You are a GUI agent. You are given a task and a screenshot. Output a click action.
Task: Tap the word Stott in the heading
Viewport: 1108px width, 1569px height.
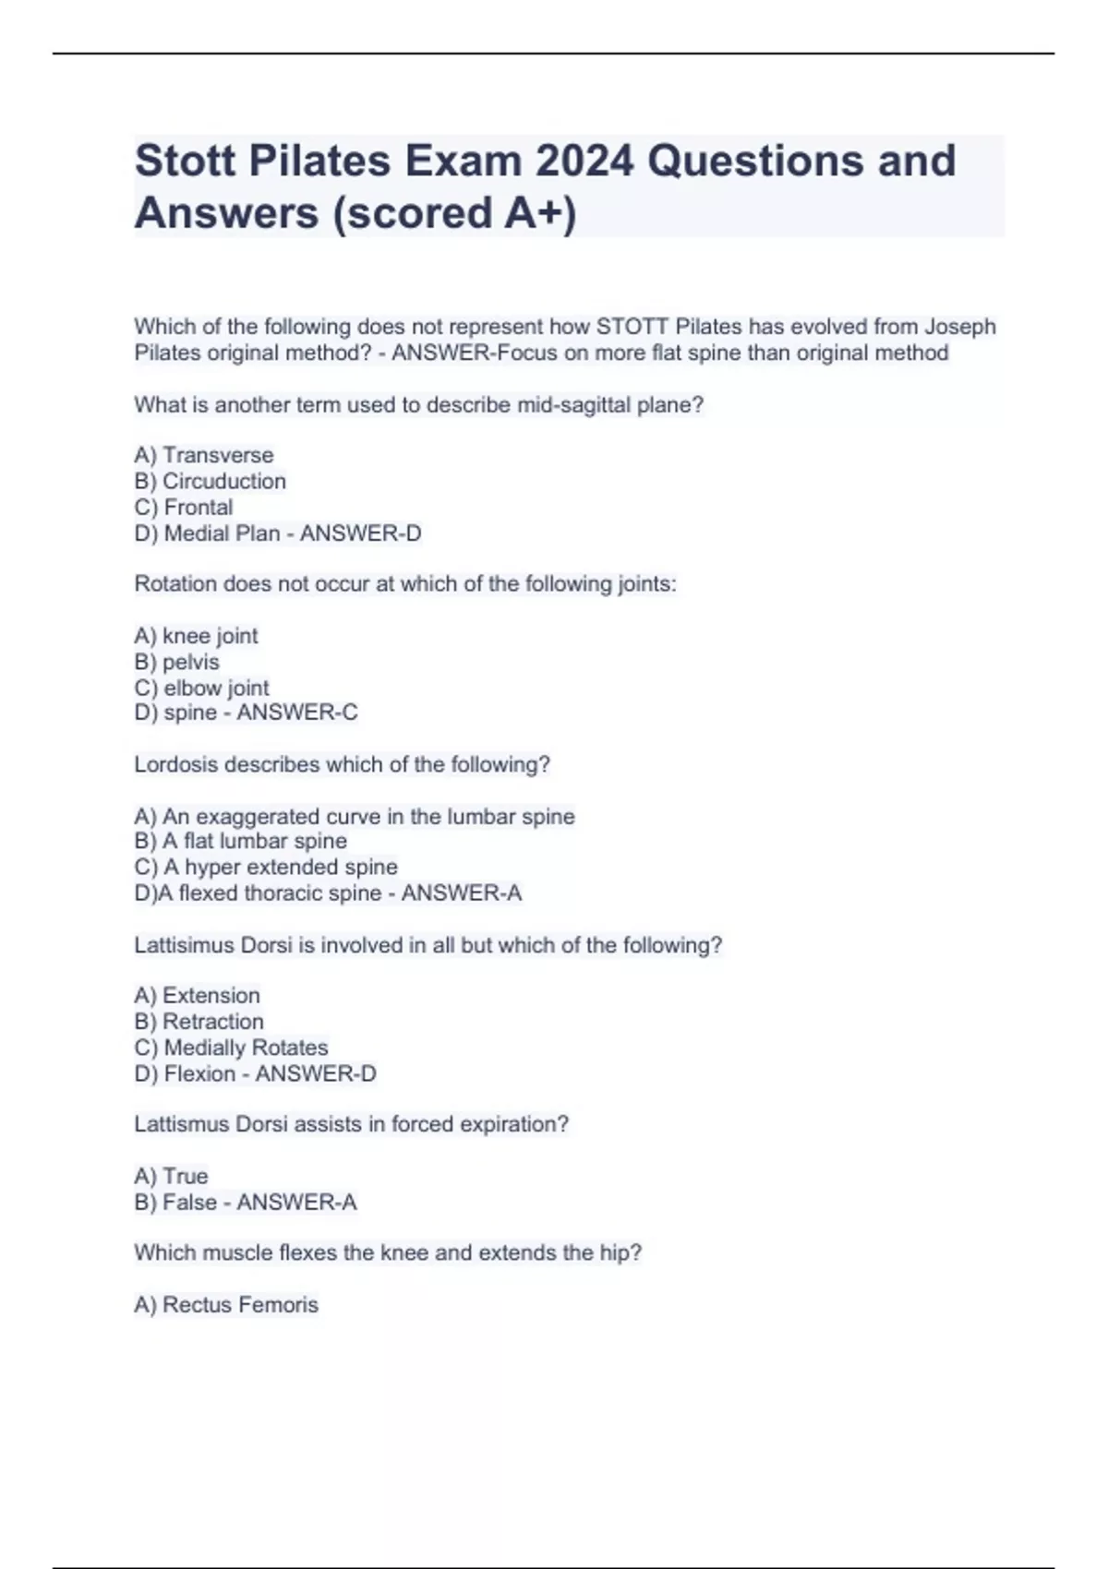click(184, 162)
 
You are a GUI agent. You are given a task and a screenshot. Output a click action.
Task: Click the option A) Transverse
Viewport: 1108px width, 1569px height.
click(204, 455)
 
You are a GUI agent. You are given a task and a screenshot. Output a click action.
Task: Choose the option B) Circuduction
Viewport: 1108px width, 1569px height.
click(211, 481)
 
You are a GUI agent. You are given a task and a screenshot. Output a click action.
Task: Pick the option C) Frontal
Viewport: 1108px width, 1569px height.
click(184, 507)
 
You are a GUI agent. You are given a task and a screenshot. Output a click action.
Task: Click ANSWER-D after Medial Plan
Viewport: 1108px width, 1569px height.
click(360, 533)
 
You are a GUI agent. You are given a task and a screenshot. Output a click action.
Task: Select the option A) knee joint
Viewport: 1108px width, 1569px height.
click(196, 636)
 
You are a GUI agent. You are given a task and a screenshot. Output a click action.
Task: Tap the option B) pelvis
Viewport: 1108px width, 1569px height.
click(177, 662)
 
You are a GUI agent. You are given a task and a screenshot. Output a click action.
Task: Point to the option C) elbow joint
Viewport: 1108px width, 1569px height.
click(202, 688)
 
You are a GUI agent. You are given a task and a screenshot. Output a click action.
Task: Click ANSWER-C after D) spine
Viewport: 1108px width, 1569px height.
click(297, 713)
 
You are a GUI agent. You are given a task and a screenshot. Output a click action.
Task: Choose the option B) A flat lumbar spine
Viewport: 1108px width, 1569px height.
click(241, 841)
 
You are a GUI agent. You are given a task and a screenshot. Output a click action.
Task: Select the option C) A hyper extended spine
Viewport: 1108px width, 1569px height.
click(266, 867)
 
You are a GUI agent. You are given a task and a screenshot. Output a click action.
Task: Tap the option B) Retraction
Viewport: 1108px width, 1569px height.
click(199, 1022)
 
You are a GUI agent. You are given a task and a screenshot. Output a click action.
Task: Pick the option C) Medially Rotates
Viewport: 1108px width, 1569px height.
click(231, 1048)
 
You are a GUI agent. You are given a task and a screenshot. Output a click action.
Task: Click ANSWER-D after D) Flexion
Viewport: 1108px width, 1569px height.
click(316, 1073)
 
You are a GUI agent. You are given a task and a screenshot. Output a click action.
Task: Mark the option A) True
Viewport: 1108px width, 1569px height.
click(172, 1176)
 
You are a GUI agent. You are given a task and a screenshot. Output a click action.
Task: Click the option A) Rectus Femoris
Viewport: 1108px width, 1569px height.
click(226, 1304)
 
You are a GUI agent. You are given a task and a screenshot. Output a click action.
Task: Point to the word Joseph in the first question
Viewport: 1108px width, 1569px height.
click(960, 327)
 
